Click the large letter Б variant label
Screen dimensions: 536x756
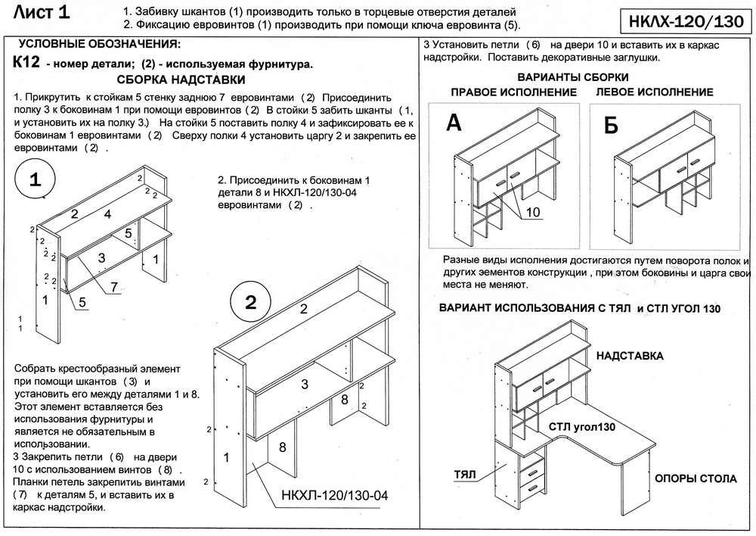(612, 126)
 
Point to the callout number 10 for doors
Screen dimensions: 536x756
(532, 212)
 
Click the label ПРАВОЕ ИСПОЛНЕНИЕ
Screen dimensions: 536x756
(513, 92)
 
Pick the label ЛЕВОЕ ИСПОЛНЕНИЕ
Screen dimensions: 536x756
(655, 92)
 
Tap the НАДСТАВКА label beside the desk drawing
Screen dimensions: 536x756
(630, 355)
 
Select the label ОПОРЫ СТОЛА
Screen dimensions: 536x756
(696, 478)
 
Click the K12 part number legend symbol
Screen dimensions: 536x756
(26, 64)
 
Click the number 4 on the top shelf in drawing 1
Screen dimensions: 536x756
(108, 214)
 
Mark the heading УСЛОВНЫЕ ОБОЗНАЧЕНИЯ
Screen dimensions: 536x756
(99, 45)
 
